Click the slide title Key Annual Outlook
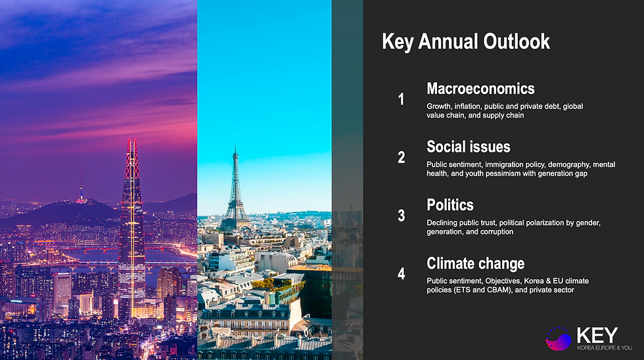466,42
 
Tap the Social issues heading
468,146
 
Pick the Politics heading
449,205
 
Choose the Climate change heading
475,263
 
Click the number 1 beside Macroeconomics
402,99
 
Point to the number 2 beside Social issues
402,158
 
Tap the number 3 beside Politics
402,215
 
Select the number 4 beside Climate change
402,274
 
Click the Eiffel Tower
235,191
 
